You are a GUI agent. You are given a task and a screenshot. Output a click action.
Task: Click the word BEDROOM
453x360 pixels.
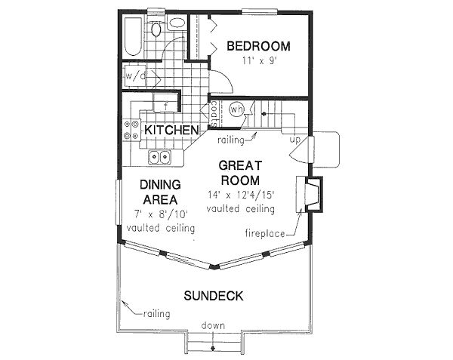point(259,46)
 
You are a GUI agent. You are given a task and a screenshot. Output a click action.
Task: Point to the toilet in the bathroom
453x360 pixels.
point(156,30)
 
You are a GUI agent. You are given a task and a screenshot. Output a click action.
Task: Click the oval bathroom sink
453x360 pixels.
point(177,23)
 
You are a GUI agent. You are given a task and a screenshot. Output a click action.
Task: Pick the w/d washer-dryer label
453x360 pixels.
point(135,76)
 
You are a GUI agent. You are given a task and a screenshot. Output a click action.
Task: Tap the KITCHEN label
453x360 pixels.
point(172,131)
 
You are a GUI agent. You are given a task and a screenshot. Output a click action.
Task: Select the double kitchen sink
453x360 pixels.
point(159,157)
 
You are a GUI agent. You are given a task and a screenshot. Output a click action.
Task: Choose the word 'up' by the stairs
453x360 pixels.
point(296,141)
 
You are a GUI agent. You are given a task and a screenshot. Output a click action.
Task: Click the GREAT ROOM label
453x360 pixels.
point(240,173)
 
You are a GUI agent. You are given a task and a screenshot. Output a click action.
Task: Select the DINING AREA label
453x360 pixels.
point(159,192)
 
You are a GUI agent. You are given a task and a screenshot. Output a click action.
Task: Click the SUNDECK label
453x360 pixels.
point(214,296)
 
